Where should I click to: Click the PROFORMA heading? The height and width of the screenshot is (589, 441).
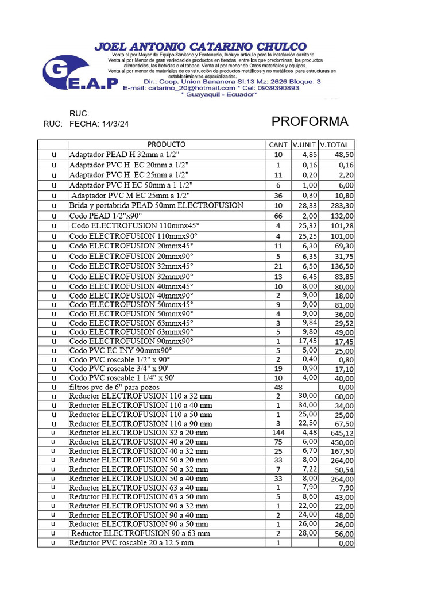coord(310,122)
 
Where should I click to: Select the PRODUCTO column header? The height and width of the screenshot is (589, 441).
coord(167,144)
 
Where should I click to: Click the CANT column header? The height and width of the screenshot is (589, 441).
coord(278,145)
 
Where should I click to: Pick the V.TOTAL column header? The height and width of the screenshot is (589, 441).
coord(337,145)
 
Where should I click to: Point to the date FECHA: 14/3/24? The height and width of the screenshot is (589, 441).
coord(99,124)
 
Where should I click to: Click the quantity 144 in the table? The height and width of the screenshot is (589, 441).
coord(278,433)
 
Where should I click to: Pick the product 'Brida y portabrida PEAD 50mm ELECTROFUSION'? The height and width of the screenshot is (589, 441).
coord(156,205)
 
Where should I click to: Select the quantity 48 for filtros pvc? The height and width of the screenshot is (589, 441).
coord(278,387)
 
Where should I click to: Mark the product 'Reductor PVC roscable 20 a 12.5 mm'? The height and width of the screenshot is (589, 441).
coord(131,542)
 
